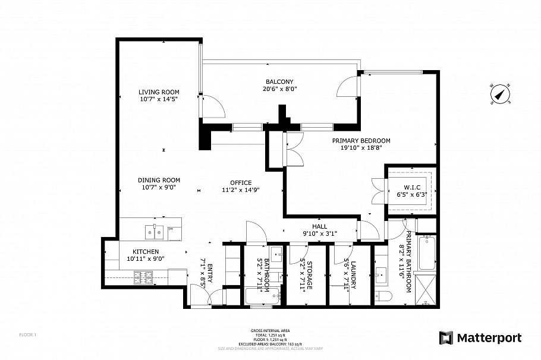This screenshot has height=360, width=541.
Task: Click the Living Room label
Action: point(159,92)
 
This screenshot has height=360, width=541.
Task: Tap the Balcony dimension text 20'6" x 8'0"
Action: point(279,89)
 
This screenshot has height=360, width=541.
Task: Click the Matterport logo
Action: point(480,338)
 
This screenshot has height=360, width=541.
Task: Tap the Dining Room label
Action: point(159,180)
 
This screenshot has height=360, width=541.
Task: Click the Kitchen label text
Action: point(145,252)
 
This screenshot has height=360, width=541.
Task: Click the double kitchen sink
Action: point(155,230)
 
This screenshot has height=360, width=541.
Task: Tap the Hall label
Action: point(320,226)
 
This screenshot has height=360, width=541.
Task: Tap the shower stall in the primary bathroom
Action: point(427,289)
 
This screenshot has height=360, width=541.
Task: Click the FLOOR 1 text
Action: point(28,335)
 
